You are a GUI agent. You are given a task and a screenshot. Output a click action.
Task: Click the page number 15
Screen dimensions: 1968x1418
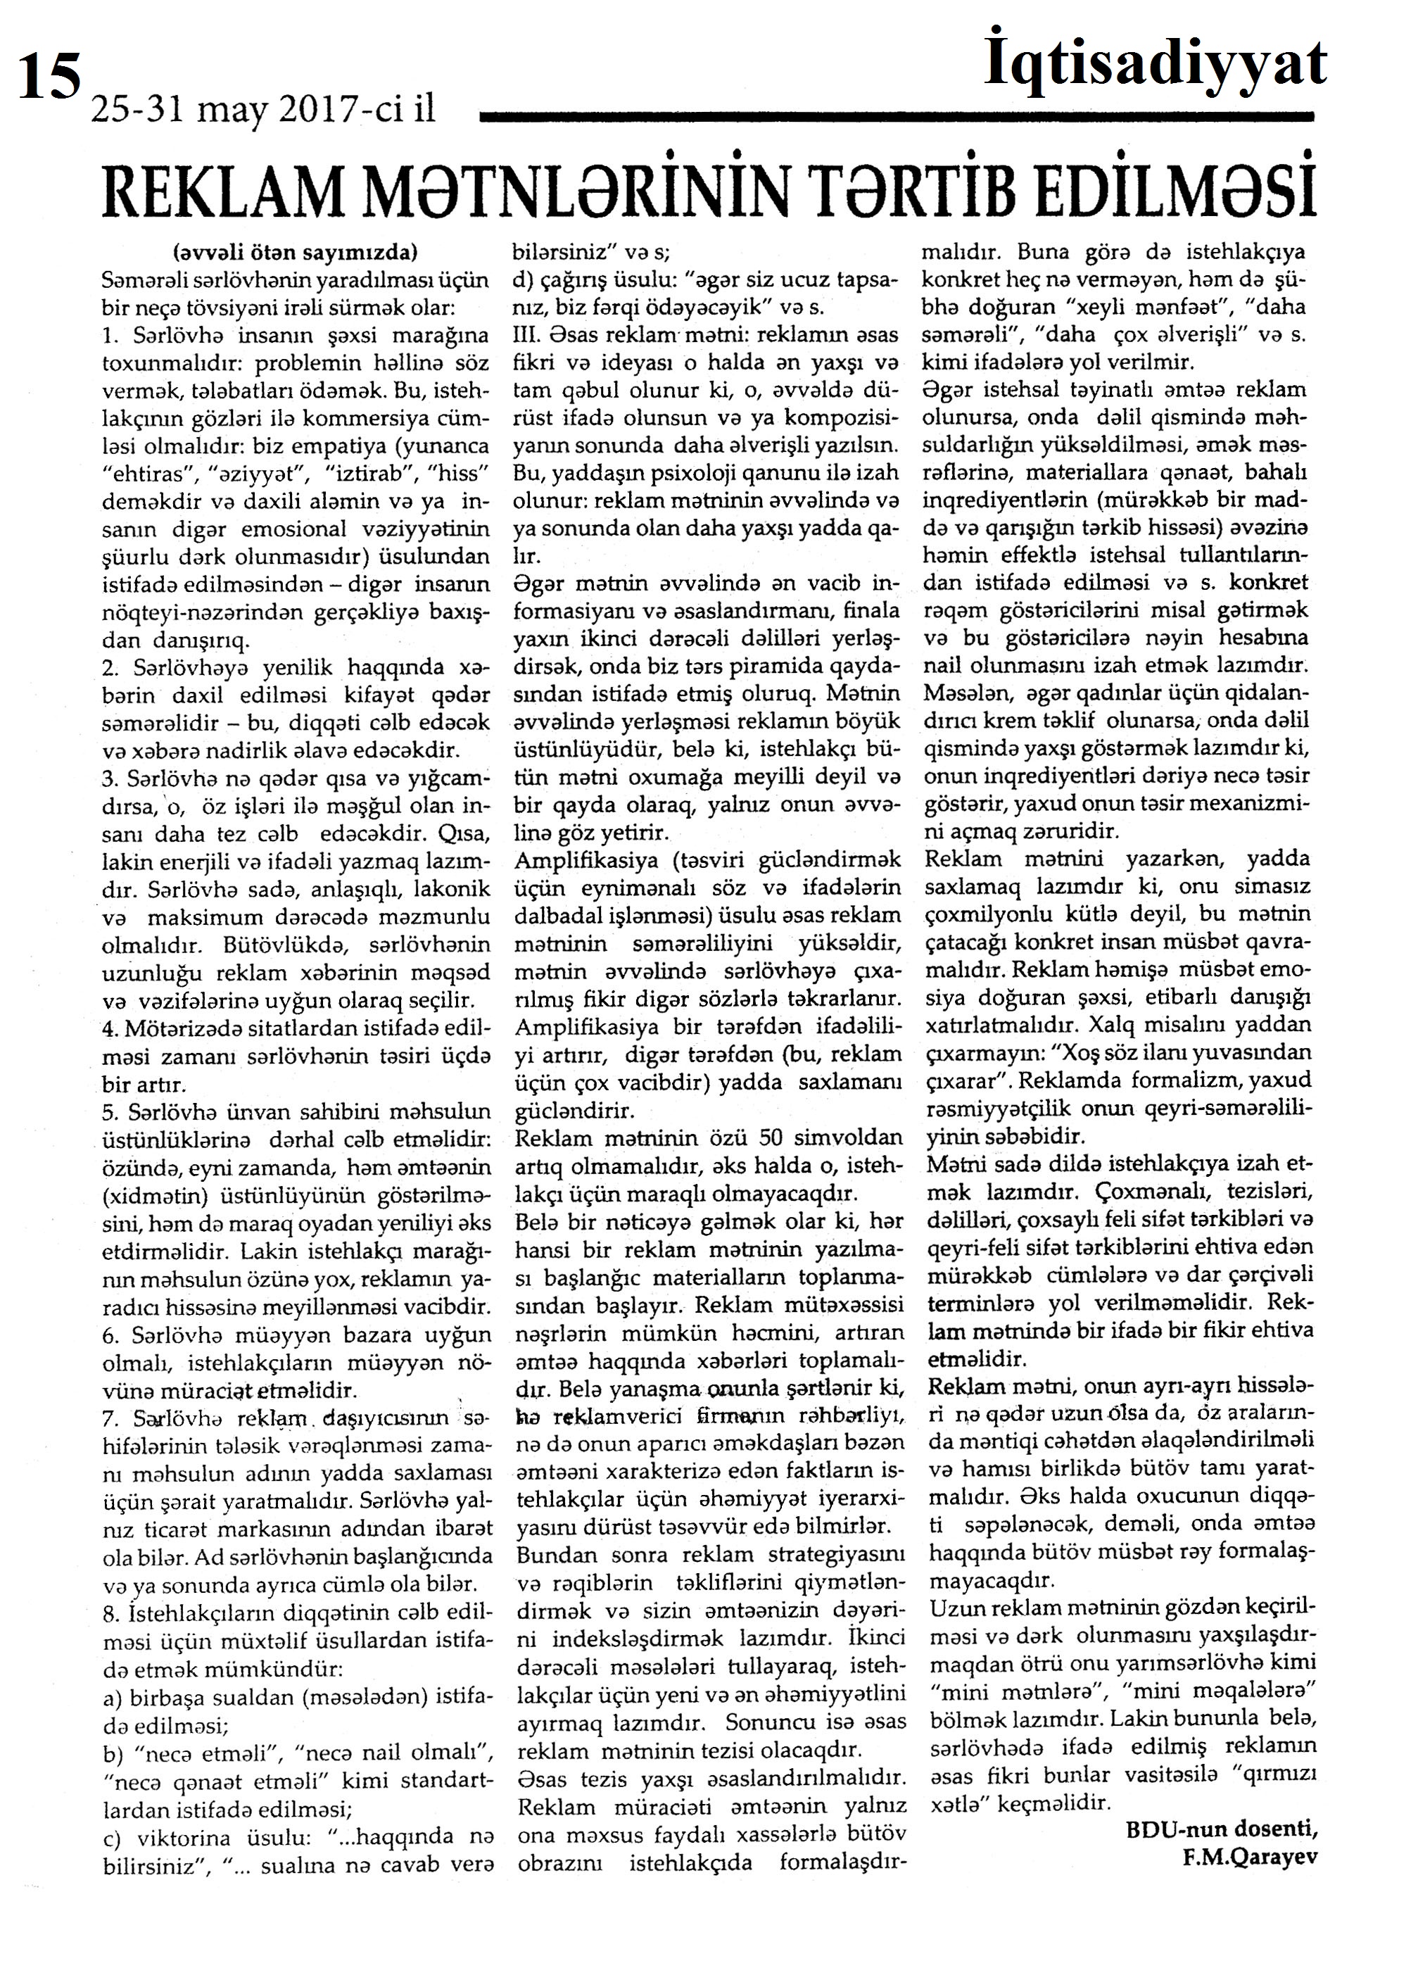(x=49, y=75)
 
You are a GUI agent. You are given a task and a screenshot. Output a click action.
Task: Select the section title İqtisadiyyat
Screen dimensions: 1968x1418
(x=1155, y=64)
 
